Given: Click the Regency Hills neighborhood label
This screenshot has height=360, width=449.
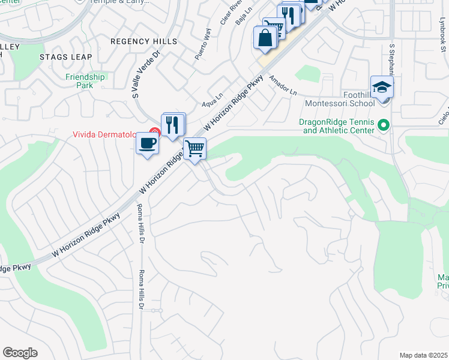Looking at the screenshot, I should [143, 41].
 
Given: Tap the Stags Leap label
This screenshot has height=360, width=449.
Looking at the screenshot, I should [65, 57].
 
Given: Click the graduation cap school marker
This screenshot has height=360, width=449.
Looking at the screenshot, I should [382, 88].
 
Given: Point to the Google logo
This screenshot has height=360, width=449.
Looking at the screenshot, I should [20, 353].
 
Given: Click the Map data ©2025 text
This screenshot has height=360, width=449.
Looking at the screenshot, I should [423, 355].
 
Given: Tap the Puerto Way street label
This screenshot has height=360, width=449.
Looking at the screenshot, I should [203, 44].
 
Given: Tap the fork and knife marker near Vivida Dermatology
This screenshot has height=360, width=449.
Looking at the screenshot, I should [173, 125].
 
